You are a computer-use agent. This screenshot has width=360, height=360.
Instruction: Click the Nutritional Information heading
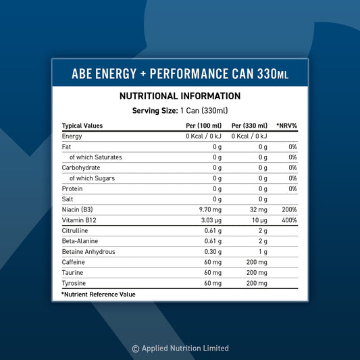tap(180, 97)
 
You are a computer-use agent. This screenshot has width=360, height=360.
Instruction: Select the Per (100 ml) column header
tap(203, 126)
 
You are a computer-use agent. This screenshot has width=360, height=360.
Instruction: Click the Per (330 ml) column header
tap(249, 126)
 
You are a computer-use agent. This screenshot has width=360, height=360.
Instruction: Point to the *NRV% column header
tap(286, 126)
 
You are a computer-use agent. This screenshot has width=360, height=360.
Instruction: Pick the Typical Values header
tap(82, 126)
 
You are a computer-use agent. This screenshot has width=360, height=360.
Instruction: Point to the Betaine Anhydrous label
tap(88, 252)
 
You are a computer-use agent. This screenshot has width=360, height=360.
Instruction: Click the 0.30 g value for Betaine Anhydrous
tap(213, 252)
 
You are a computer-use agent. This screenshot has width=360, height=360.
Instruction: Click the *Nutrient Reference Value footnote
tap(99, 294)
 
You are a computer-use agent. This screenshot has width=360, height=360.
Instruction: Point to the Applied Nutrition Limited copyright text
tap(180, 349)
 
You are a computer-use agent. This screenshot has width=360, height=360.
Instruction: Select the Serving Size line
tap(180, 111)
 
